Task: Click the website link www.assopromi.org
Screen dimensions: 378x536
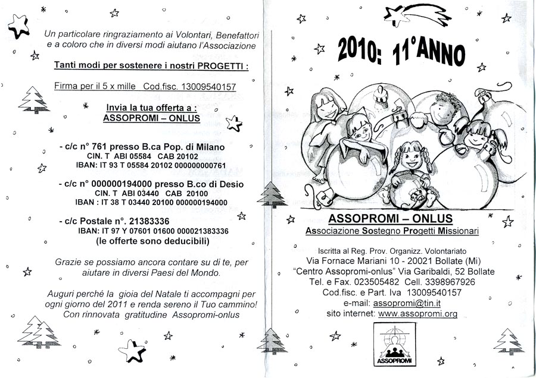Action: point(417,314)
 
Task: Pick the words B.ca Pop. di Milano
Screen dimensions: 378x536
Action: point(188,146)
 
